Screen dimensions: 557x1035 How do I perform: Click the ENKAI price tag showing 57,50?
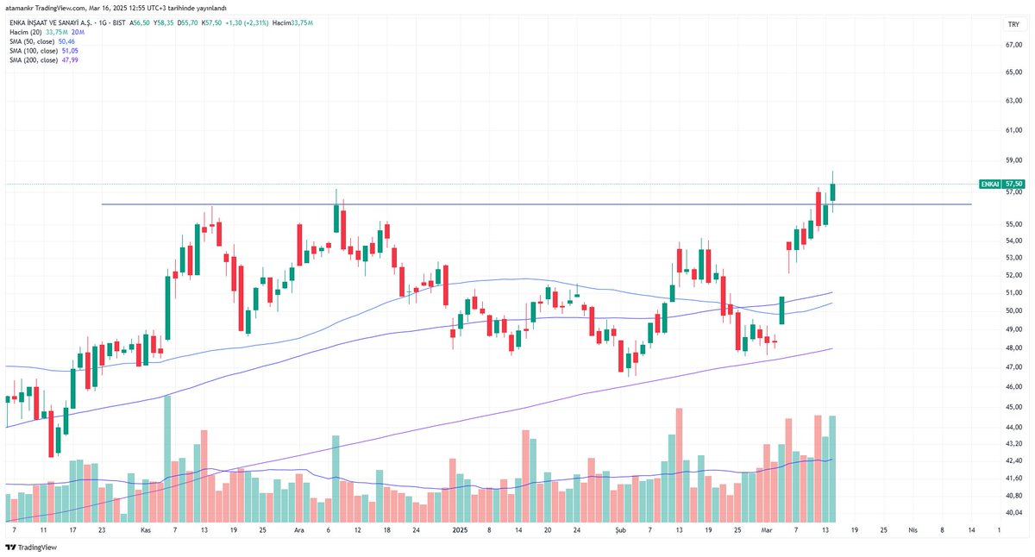pyautogui.click(x=1002, y=184)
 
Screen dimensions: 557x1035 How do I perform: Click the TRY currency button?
pyautogui.click(x=1013, y=24)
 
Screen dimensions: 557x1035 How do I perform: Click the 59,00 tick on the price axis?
pyautogui.click(x=1013, y=160)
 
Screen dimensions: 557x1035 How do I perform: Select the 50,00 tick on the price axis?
pyautogui.click(x=1013, y=310)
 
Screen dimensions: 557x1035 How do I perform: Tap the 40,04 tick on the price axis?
pyautogui.click(x=1013, y=513)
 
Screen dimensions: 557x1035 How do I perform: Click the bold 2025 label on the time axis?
pyautogui.click(x=460, y=532)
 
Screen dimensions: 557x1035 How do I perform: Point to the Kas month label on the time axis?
pyautogui.click(x=146, y=532)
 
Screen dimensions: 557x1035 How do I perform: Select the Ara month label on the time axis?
pyautogui.click(x=299, y=532)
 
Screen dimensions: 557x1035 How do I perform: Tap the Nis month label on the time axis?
pyautogui.click(x=913, y=532)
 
